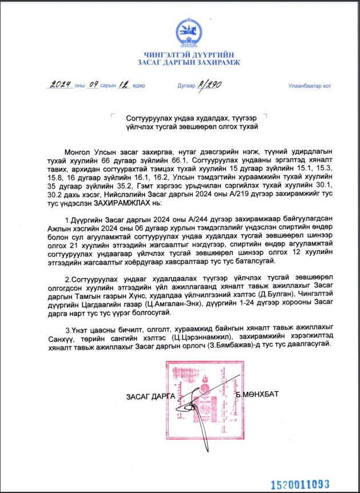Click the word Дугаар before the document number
point(186,86)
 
